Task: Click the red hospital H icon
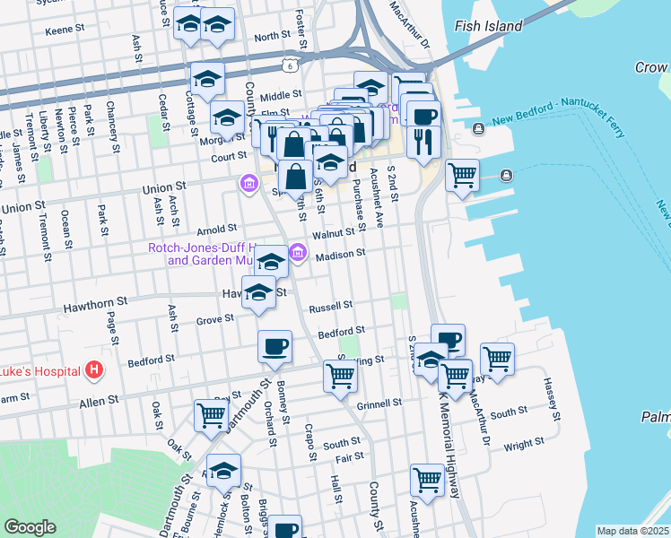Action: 93,369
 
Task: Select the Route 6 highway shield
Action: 289,65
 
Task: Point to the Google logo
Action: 30,527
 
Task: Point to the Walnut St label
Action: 334,234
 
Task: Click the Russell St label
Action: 329,307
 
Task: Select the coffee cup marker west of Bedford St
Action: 274,347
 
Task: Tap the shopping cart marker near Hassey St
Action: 497,359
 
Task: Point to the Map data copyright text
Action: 633,531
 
